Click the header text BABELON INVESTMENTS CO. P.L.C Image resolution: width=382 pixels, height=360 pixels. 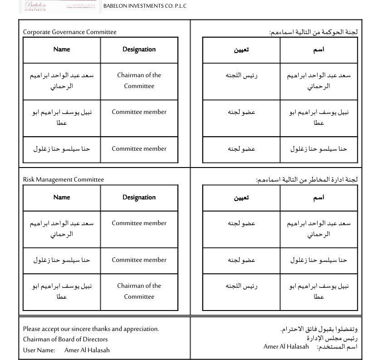tap(145, 6)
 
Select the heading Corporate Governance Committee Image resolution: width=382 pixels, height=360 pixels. tap(69, 32)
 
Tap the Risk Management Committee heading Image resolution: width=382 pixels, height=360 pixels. tap(64, 180)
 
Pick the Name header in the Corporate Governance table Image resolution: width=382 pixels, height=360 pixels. tap(62, 49)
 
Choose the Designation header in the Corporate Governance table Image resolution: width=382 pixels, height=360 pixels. tap(139, 49)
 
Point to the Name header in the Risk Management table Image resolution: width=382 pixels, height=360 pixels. tap(62, 197)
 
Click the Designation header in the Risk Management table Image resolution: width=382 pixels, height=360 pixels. tap(139, 197)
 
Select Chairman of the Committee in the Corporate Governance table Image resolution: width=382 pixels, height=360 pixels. tap(139, 81)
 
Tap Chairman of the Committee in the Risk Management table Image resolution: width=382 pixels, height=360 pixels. tap(139, 291)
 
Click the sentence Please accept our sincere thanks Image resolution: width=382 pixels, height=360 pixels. tap(91, 329)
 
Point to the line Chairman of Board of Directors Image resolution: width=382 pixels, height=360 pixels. tap(65, 339)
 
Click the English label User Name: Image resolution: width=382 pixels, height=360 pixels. tap(39, 350)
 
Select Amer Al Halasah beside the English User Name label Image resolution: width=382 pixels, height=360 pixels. tap(87, 350)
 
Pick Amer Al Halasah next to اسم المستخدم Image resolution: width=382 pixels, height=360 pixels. tap(286, 347)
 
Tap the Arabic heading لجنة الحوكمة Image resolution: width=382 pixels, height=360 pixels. tap(313, 32)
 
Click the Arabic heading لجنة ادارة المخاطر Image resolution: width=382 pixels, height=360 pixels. tap(307, 180)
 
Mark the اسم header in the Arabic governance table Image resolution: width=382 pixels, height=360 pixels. tap(318, 49)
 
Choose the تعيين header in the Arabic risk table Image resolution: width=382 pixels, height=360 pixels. tap(241, 197)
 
